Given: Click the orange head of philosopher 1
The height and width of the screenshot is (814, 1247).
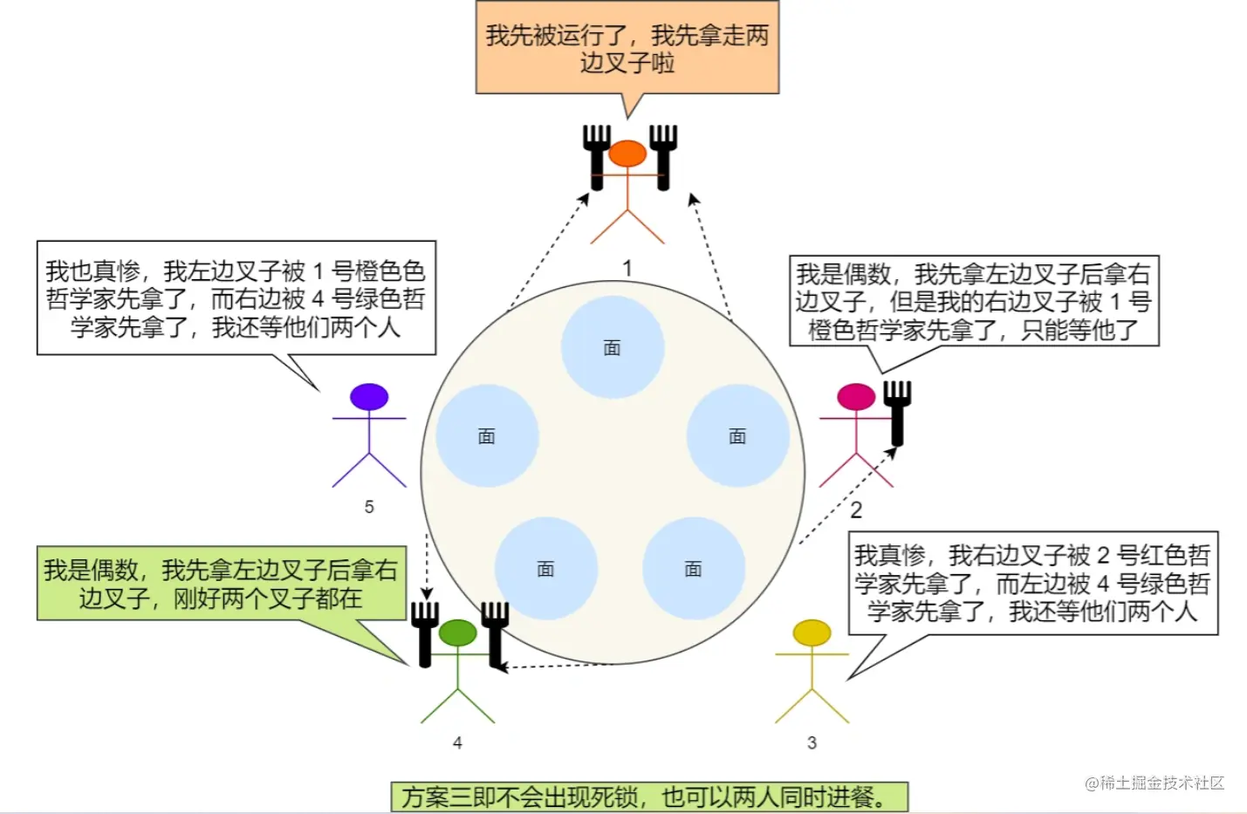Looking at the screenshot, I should tap(627, 154).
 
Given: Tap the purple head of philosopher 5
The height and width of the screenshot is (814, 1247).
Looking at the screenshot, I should tap(369, 397).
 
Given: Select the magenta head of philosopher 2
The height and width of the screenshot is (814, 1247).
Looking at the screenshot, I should tap(856, 397).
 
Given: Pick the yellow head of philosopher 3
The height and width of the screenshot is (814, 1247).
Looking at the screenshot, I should tap(812, 633).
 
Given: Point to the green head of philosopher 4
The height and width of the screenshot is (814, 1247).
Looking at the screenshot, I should tap(457, 633).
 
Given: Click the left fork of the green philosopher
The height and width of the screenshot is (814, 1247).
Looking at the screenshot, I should tap(425, 632).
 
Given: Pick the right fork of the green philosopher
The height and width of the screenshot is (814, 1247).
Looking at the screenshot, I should tap(495, 632).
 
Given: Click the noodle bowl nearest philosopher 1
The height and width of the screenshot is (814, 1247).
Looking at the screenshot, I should tap(613, 347).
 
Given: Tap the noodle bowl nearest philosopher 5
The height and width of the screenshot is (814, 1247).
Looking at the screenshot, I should tap(487, 435).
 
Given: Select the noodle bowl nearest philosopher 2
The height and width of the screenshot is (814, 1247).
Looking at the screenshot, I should tap(737, 435).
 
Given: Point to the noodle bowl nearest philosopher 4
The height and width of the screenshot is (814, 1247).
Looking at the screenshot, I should tap(545, 569).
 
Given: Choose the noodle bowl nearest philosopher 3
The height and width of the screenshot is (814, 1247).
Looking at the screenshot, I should tap(693, 569).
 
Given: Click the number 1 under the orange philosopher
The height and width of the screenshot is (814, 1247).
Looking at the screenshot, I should tap(627, 268).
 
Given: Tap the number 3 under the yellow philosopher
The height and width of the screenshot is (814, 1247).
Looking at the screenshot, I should tap(812, 742).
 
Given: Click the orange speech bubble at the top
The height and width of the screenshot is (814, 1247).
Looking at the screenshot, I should tap(627, 48).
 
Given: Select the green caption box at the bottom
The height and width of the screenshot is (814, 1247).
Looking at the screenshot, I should tap(649, 797).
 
